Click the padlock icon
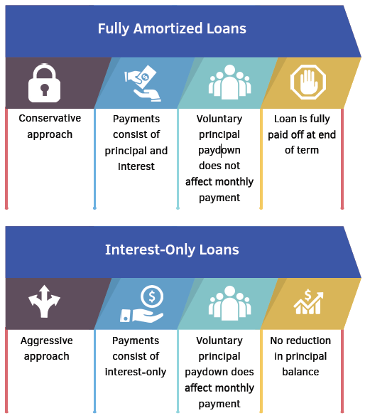point(44,83)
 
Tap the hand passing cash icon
point(143,83)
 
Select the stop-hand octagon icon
point(308,82)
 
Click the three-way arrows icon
point(44,301)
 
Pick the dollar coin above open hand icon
point(142,304)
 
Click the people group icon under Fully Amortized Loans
point(229,82)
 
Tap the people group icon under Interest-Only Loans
point(229,303)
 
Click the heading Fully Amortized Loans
point(172,28)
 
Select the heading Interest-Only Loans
point(172,250)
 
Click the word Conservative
point(50,118)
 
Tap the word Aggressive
point(47,341)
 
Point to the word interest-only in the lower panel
point(136,372)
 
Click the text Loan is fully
point(302,119)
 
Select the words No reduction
point(300,341)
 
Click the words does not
point(219,166)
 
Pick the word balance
point(300,372)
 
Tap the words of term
point(302,150)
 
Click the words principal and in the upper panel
point(136,151)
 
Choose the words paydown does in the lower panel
point(219,373)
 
